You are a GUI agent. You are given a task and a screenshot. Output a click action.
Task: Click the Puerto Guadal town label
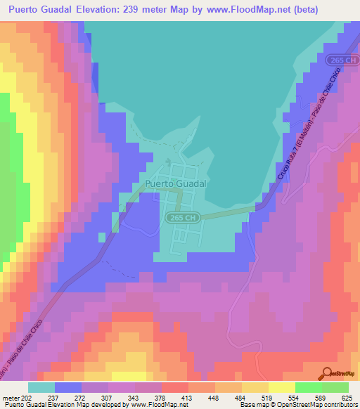point(175,183)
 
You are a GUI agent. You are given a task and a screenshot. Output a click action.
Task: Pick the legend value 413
point(187,398)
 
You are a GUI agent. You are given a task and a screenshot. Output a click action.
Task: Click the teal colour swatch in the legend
point(41,387)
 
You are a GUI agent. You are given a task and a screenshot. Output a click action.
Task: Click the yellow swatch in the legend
point(281,387)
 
